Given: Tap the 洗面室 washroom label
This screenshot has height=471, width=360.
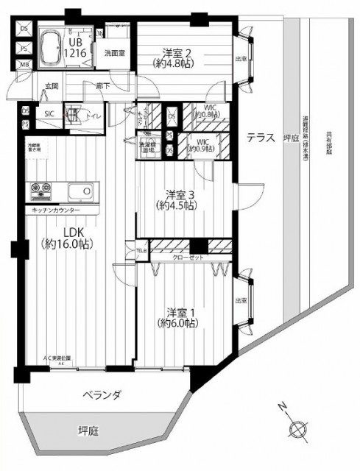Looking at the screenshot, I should click(113, 53).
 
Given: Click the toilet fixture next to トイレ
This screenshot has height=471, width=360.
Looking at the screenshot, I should click(74, 115).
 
